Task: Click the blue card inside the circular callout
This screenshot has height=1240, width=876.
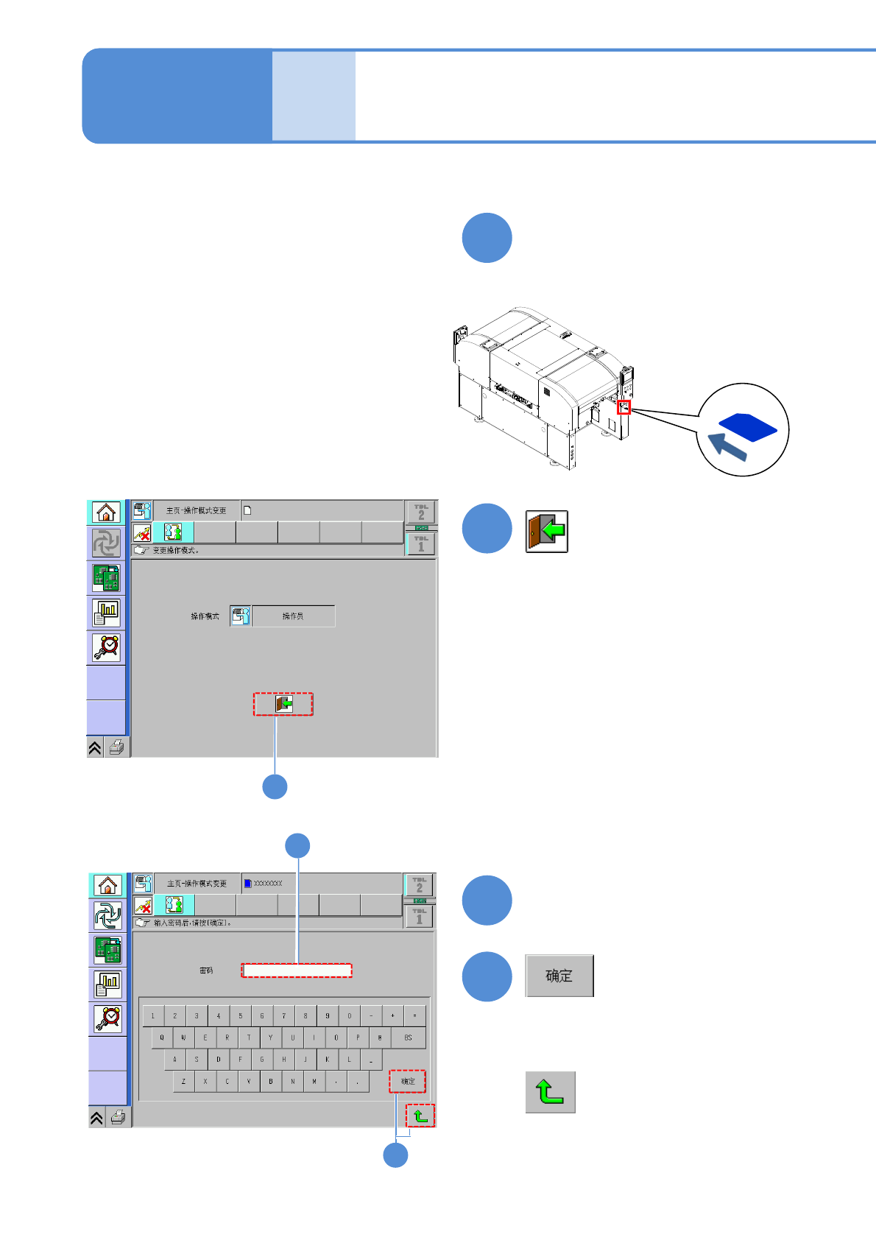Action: [747, 427]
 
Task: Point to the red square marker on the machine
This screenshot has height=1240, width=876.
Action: [624, 406]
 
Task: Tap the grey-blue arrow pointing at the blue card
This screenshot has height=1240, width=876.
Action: [728, 447]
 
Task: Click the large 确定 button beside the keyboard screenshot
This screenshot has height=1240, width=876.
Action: [559, 976]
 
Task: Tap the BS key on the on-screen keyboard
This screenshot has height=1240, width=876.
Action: [408, 1038]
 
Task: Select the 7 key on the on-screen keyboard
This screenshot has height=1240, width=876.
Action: [283, 1016]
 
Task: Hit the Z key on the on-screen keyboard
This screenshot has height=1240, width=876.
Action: [184, 1082]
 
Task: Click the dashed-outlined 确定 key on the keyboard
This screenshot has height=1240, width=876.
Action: [408, 1082]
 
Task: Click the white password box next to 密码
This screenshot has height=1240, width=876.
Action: [297, 970]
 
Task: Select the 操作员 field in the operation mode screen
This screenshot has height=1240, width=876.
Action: [293, 616]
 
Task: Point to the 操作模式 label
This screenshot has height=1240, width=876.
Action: [205, 616]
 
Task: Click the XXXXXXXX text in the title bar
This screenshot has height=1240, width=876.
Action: [268, 884]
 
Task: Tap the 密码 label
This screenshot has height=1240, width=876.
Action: [206, 970]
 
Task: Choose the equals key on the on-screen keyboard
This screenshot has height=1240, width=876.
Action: [414, 1016]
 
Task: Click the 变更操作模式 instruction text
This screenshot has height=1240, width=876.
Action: [176, 550]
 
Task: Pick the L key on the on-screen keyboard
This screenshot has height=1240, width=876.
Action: [349, 1060]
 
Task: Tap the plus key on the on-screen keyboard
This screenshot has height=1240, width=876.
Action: [392, 1016]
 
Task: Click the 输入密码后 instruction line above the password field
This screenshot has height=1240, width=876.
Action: [192, 923]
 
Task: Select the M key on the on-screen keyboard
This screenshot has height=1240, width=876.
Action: [314, 1082]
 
